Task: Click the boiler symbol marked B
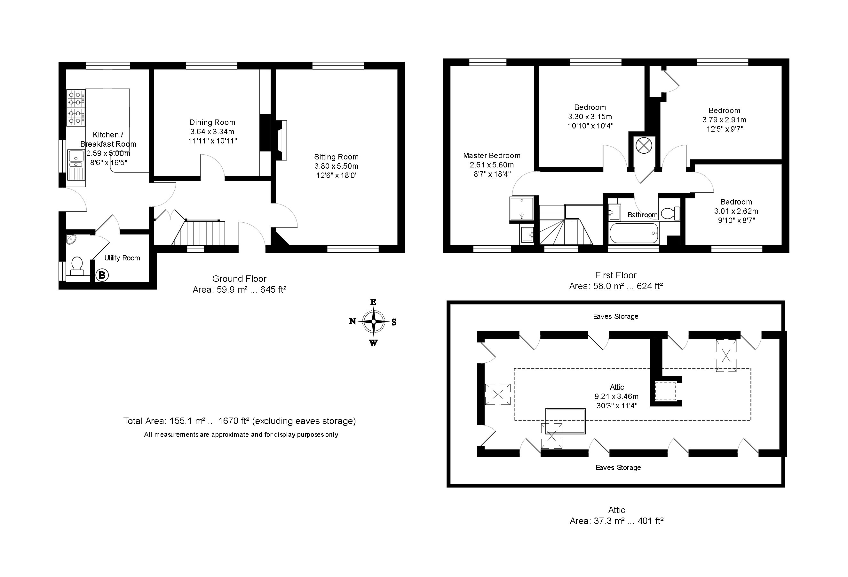click(102, 275)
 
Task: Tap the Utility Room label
click(122, 258)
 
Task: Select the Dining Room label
click(212, 122)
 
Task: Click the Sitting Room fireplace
click(282, 140)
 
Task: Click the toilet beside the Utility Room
click(77, 266)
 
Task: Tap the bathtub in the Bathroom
click(633, 233)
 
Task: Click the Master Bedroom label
click(492, 156)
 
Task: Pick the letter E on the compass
click(373, 302)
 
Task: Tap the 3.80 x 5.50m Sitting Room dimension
click(337, 166)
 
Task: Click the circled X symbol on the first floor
click(644, 146)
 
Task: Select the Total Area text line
click(239, 421)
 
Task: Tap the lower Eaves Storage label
click(618, 468)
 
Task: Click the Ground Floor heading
click(239, 279)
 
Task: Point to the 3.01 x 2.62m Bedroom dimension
click(736, 212)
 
